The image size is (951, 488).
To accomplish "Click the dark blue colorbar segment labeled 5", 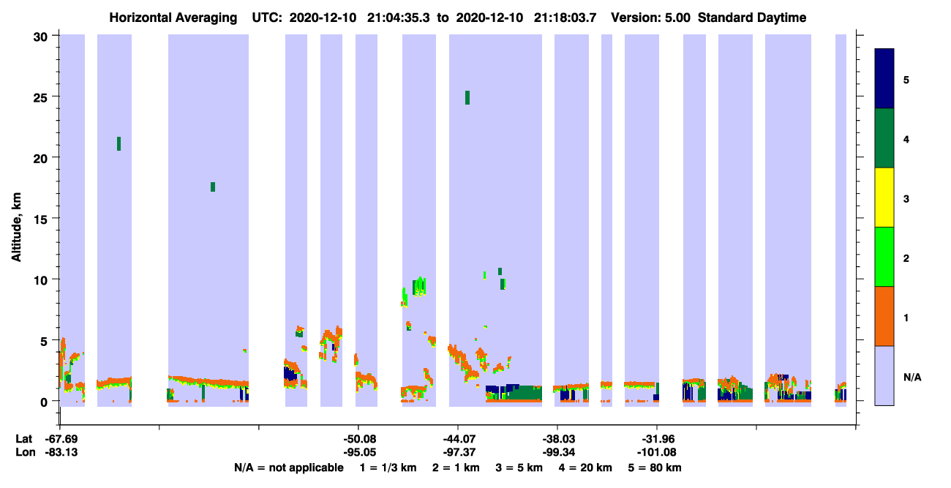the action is tap(884, 78).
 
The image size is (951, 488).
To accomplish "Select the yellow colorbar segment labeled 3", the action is tap(884, 198).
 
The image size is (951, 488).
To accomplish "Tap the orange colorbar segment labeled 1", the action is tap(884, 316).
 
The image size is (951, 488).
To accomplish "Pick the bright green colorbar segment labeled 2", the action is tap(884, 257).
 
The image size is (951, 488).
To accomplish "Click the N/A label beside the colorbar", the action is tap(912, 377).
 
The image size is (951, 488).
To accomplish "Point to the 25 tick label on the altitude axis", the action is tap(40, 97).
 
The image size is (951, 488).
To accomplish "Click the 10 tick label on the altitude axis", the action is tap(40, 280).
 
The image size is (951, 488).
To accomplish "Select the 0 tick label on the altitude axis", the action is tap(44, 402).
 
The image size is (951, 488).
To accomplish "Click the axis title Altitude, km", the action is tap(16, 228).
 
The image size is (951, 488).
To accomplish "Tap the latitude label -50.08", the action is tap(360, 439).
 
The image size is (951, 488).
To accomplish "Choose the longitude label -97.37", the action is tap(459, 453).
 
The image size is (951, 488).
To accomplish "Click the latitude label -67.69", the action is tap(61, 439).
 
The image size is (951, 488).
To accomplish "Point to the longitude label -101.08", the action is tap(657, 453).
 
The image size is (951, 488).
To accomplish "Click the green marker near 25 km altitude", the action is tap(467, 98).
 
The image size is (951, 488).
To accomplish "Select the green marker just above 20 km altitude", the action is tap(119, 143).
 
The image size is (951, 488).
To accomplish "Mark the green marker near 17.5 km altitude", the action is tap(213, 187).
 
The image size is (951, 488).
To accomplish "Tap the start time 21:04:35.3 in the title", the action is tap(398, 18).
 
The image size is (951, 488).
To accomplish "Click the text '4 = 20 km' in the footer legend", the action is tap(585, 468).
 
